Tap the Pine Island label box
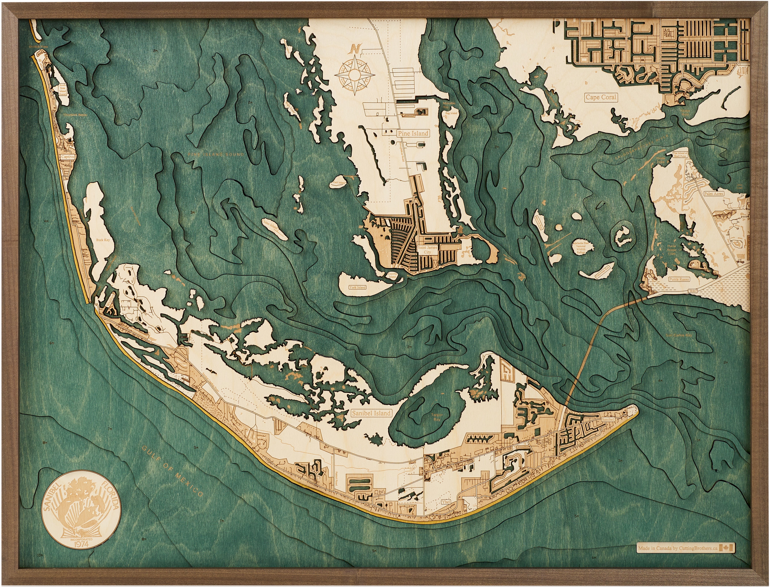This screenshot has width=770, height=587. tap(413, 133)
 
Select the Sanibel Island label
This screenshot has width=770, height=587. tap(371, 413)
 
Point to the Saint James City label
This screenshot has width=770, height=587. tap(427, 250)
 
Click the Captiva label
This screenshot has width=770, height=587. tap(67, 157)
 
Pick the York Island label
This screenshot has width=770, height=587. tap(357, 287)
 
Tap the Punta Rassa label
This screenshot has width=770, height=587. tap(679, 279)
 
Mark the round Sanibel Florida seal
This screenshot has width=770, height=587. tap(81, 510)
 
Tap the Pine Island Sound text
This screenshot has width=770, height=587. tap(216, 154)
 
